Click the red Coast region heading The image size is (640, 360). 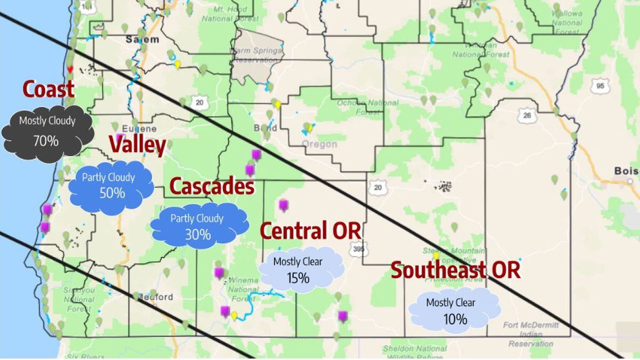(x=48, y=90)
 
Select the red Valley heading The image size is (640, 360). (x=137, y=145)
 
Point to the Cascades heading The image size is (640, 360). (x=211, y=187)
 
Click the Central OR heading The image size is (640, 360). (x=310, y=231)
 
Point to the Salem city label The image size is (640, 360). (x=142, y=39)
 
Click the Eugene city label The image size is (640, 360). (x=139, y=129)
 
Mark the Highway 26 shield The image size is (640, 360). (x=526, y=115)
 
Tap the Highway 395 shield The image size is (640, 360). (x=356, y=249)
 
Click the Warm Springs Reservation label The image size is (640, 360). (x=254, y=55)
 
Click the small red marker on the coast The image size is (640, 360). (x=69, y=69)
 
